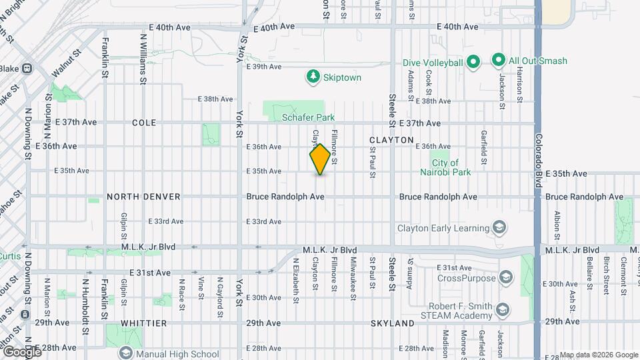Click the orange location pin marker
(x=321, y=159)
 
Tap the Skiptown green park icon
(x=313, y=77)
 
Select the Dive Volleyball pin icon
(x=473, y=63)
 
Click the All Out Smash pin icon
(x=497, y=61)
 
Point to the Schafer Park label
(x=308, y=117)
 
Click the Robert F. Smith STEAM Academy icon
(x=503, y=310)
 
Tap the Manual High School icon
(x=125, y=354)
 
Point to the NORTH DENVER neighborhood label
(x=143, y=197)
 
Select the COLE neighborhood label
(x=144, y=123)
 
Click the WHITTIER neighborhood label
(x=144, y=323)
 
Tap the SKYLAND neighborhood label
(x=393, y=323)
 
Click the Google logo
(x=21, y=351)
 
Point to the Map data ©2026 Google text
(x=598, y=355)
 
